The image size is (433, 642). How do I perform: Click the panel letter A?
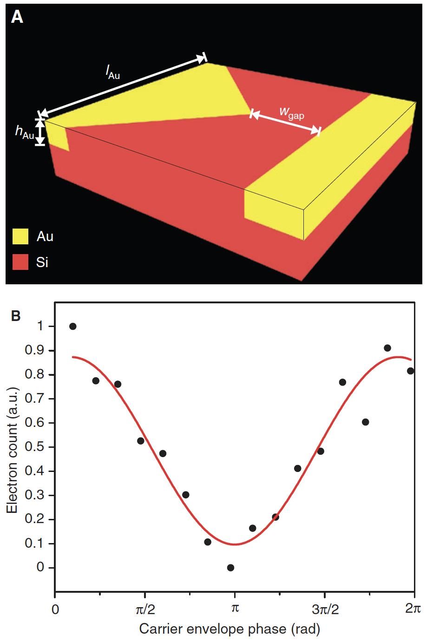(x=17, y=17)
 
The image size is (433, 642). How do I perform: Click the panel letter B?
(x=16, y=316)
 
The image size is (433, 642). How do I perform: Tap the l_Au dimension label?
(x=113, y=72)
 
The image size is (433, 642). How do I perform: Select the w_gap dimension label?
(x=292, y=113)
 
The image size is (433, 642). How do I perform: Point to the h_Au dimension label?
(x=25, y=132)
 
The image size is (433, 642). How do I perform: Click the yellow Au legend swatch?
(x=20, y=236)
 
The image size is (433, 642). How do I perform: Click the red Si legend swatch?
(x=20, y=262)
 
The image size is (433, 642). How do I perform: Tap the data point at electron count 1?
(x=73, y=327)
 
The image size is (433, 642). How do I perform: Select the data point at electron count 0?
(x=230, y=568)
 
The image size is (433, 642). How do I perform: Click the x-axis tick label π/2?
(x=145, y=609)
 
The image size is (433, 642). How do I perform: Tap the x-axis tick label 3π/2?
(x=325, y=609)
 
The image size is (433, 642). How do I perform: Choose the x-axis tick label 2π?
(x=413, y=609)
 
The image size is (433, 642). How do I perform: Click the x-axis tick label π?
(x=235, y=609)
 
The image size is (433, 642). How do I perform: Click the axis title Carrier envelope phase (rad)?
(x=230, y=629)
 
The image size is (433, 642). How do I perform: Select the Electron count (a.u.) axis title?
(x=12, y=450)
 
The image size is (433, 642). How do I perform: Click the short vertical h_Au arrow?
(x=40, y=133)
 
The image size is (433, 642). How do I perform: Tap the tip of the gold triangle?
(x=249, y=114)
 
